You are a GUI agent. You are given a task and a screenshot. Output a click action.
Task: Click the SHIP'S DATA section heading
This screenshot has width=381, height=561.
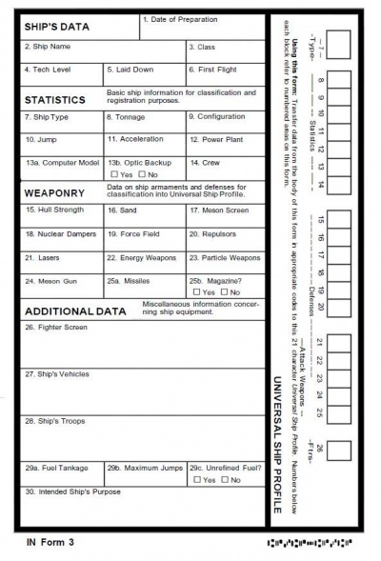(57, 27)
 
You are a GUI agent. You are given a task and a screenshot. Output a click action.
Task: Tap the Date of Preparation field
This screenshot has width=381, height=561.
(202, 26)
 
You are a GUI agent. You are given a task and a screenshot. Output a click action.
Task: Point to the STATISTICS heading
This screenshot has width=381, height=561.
(55, 99)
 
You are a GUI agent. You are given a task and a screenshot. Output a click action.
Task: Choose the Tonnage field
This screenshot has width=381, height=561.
(143, 123)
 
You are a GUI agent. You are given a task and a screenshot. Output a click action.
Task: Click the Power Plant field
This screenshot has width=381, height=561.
(225, 146)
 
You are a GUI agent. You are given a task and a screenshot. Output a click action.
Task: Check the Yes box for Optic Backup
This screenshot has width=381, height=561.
(114, 175)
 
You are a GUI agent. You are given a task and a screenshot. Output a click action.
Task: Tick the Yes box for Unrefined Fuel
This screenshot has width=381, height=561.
(196, 479)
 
